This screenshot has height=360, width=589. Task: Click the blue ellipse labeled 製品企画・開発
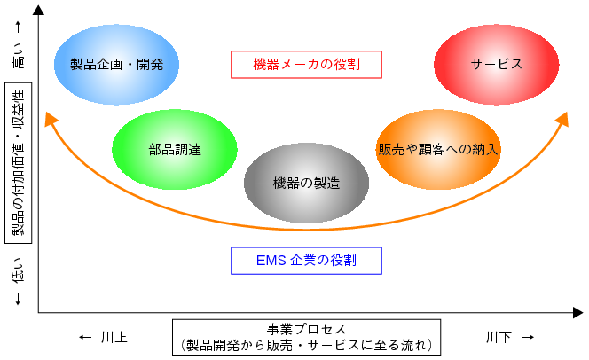116,65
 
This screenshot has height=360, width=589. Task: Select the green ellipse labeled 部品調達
175,149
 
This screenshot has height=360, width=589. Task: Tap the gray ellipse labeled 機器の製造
307,183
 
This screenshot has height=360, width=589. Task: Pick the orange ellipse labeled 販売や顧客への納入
438,149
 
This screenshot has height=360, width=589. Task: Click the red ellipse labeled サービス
496,65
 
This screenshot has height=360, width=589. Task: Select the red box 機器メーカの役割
307,65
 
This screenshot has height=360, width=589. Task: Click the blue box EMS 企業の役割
307,261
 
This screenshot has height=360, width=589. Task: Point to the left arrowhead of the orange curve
51,119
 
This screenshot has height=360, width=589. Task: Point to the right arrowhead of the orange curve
562,119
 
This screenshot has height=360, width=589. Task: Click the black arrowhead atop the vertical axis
38,10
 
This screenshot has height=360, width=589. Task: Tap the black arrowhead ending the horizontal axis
578,312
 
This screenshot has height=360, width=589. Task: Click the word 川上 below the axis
114,337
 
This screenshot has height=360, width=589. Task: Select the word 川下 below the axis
499,337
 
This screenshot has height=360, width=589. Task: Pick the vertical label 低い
18,270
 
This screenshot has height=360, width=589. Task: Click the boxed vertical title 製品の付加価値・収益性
18,163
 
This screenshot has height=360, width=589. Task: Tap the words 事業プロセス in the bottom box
307,329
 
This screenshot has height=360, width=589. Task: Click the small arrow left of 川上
85,338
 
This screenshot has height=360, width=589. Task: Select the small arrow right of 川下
528,338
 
